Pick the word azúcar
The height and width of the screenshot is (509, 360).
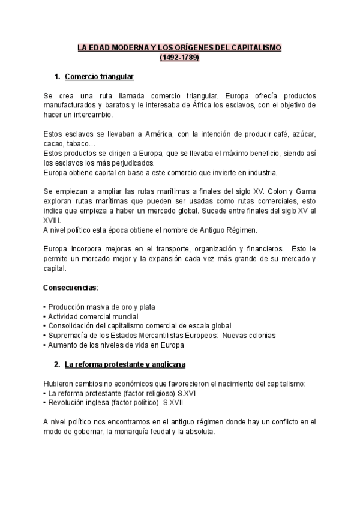coord(303,133)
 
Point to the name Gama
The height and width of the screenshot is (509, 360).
coord(304,191)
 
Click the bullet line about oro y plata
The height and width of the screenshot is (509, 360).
coord(101,307)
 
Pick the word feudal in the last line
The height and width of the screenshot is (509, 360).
coord(145,432)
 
